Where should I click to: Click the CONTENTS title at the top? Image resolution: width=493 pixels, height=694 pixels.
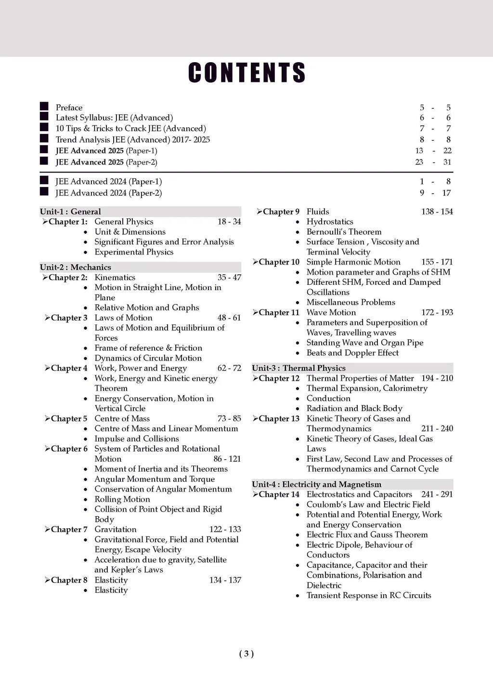[246, 73]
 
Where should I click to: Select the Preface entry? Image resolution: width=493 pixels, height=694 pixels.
[69, 107]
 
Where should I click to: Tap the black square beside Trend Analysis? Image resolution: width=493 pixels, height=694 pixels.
[44, 139]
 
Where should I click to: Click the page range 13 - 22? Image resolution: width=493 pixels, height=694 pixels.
[433, 151]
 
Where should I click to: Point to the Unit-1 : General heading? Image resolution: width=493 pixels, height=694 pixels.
[70, 212]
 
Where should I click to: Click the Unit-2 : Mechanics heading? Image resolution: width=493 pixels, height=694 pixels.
[75, 267]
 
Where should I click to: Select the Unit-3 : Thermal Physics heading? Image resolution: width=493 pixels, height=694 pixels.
[298, 368]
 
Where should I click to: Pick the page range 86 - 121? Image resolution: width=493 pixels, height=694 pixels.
[227, 459]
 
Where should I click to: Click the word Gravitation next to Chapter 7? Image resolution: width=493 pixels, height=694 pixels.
[116, 529]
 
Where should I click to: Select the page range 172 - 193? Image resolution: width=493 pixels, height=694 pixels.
[437, 312]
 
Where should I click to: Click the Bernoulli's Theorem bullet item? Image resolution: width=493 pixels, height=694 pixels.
[344, 232]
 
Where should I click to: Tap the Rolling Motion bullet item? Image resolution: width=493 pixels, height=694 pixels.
[122, 499]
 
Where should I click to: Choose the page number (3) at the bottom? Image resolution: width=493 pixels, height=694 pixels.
[246, 654]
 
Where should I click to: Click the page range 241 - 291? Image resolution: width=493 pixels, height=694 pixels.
[437, 494]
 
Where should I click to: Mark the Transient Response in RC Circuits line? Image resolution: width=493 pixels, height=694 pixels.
[369, 596]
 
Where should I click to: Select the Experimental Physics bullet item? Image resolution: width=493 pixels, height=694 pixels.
[134, 252]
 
